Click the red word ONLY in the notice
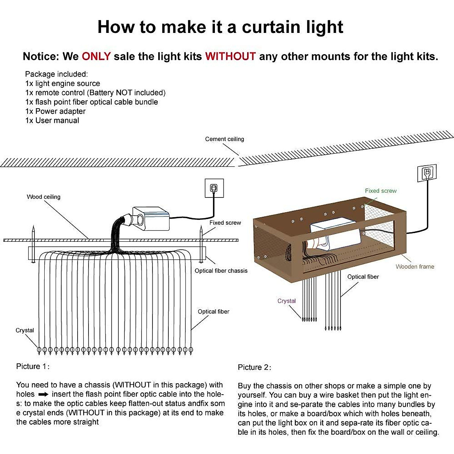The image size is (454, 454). (x=96, y=56)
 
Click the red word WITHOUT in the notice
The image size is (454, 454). (x=230, y=56)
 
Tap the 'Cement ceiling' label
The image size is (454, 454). (x=224, y=139)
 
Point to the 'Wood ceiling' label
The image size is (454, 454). (x=44, y=197)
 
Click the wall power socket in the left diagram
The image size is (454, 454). (x=214, y=188)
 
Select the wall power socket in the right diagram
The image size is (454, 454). (x=427, y=173)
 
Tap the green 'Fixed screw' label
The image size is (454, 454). (x=381, y=191)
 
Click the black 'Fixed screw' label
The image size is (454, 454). (x=225, y=222)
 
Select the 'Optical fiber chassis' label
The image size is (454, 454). (x=221, y=271)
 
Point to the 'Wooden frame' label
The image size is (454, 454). (x=415, y=266)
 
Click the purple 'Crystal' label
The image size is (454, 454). (x=286, y=301)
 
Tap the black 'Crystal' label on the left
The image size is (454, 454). (x=25, y=330)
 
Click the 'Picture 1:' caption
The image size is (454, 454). (x=33, y=366)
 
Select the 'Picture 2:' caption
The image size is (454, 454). (x=254, y=367)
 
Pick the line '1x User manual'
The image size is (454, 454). (x=52, y=120)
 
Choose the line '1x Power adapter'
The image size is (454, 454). (x=55, y=111)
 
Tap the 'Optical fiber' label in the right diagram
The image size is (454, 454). (x=363, y=277)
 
